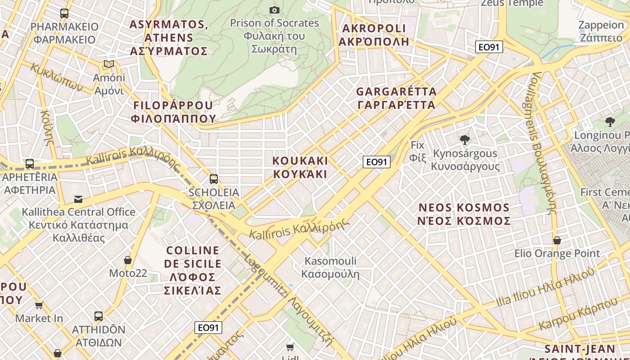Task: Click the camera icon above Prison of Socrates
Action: tap(274, 10)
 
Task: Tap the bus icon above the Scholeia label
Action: tap(214, 179)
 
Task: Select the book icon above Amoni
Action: tap(109, 64)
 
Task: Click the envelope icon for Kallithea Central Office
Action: tap(78, 199)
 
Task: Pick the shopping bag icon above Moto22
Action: tap(128, 260)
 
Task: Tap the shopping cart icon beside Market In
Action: tap(39, 306)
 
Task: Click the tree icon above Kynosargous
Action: tap(465, 140)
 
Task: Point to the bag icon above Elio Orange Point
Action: tap(557, 240)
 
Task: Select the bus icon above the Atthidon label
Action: tap(99, 316)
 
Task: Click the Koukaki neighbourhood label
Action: tap(300, 167)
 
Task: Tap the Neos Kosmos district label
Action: tap(464, 214)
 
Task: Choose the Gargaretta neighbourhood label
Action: tap(396, 98)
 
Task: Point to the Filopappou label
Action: tap(173, 112)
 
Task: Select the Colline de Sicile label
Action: tap(193, 270)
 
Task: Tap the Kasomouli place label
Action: tap(330, 267)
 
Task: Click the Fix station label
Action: tap(417, 151)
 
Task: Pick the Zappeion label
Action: tap(601, 31)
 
